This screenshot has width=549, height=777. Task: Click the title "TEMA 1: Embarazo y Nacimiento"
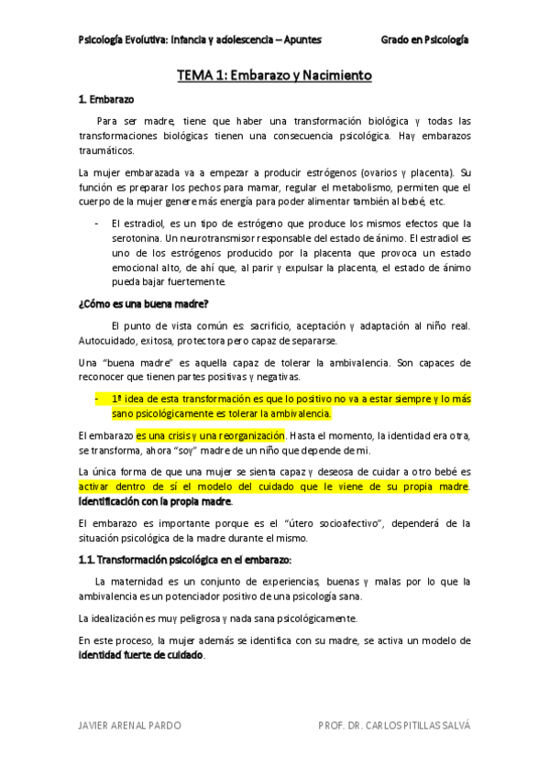tap(274, 76)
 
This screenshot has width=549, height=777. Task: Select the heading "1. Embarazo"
tap(106, 99)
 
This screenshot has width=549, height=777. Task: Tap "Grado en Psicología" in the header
tap(424, 40)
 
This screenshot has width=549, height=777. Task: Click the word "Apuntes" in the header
tap(299, 40)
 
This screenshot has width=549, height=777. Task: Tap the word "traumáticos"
tap(106, 151)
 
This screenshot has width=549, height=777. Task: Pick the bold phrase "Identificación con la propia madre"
tap(155, 501)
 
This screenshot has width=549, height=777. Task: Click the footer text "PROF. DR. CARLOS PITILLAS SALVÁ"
tap(393, 725)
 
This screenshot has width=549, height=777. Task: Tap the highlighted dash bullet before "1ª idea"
tap(97, 399)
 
